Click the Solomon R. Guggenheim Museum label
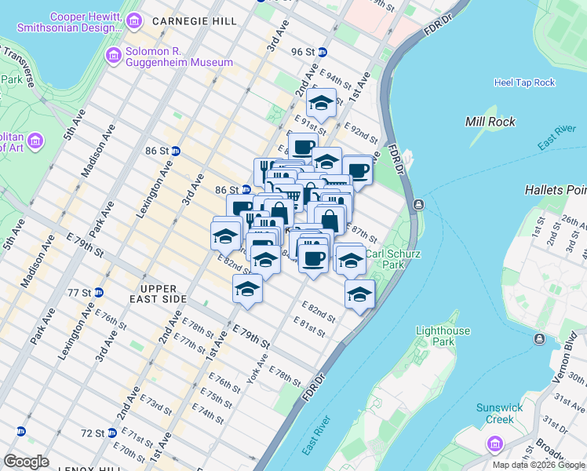pyautogui.click(x=179, y=57)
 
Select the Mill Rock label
pyautogui.click(x=490, y=122)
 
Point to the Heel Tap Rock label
pyautogui.click(x=524, y=82)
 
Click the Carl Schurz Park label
pyautogui.click(x=390, y=259)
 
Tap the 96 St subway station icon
pyautogui.click(x=322, y=52)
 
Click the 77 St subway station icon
pyautogui.click(x=99, y=292)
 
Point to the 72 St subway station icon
pyautogui.click(x=112, y=433)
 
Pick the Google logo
pyautogui.click(x=27, y=462)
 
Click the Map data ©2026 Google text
pyautogui.click(x=538, y=465)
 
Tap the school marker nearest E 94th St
pyautogui.click(x=320, y=102)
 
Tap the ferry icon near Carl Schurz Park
pyautogui.click(x=419, y=205)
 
